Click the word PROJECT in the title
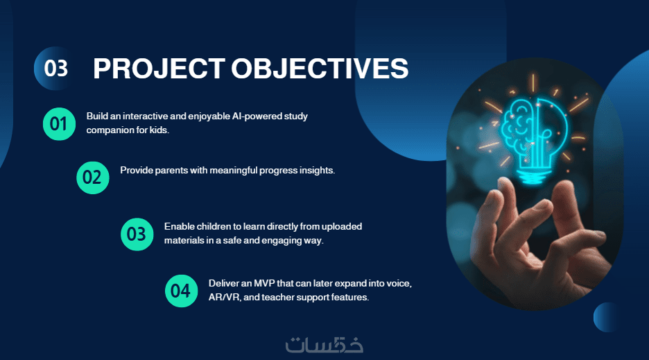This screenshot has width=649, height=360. point(159,69)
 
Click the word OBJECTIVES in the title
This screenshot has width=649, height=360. point(320,69)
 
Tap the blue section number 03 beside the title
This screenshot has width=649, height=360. point(55,69)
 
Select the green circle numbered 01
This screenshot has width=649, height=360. point(59,124)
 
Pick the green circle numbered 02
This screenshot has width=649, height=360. point(93,178)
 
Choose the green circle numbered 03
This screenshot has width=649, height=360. point(137,234)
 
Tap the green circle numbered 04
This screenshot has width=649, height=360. point(181,291)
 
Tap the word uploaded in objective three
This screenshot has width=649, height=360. point(341,227)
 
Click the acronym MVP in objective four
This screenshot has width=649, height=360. point(264,284)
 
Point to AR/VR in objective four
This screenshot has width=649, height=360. point(225,298)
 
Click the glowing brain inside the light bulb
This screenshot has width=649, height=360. point(518,126)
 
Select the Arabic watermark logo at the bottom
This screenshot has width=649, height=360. point(324,345)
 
